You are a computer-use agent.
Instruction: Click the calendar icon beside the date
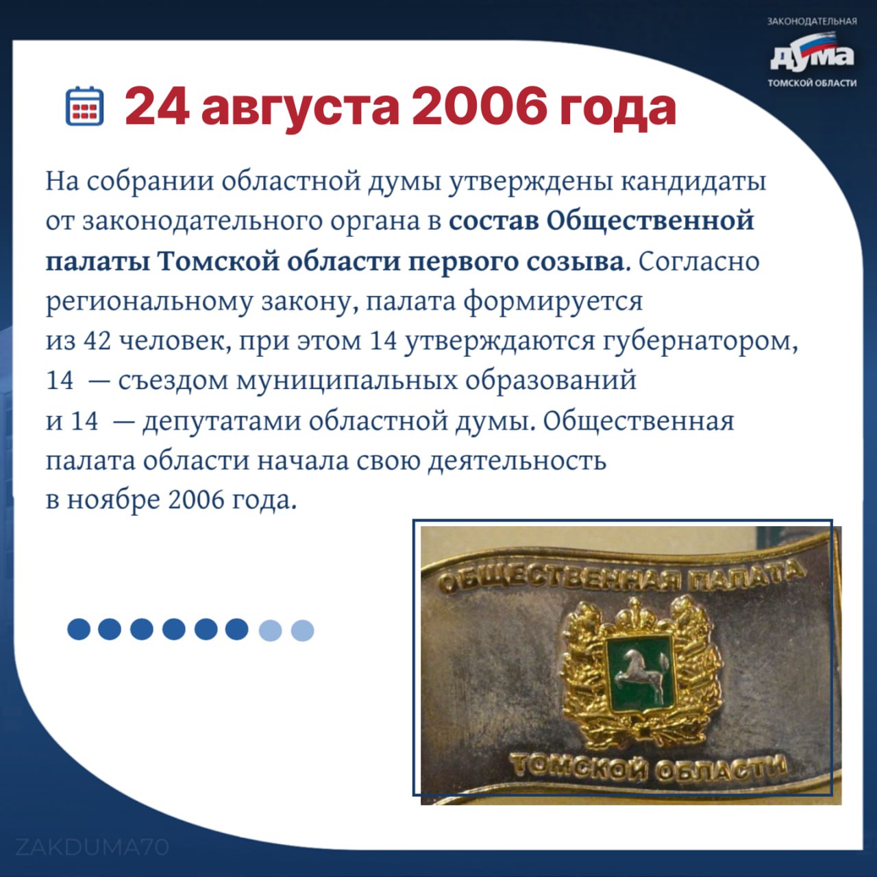(85, 106)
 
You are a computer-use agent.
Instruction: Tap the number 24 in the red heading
(157, 108)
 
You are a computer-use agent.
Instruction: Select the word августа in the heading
(301, 110)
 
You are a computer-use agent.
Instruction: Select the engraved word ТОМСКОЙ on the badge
(580, 766)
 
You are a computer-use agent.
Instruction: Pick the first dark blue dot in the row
(79, 629)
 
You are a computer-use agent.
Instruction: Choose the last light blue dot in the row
(302, 630)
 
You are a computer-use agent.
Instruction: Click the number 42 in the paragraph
(97, 341)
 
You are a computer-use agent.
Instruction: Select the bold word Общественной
(650, 221)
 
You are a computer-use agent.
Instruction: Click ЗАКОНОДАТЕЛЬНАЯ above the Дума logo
(812, 21)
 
